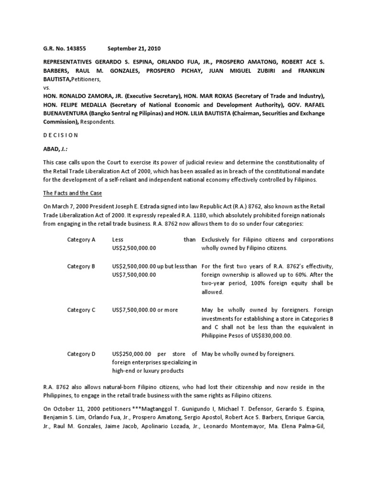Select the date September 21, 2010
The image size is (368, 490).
click(134, 48)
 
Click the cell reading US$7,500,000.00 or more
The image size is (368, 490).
click(145, 310)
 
